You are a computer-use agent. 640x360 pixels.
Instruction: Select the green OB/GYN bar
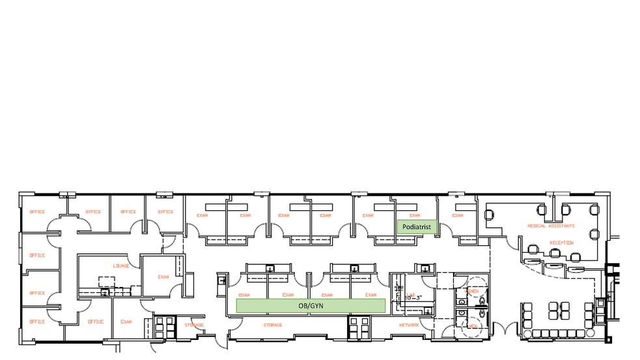pos(311,305)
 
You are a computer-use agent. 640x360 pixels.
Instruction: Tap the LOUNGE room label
pos(120,266)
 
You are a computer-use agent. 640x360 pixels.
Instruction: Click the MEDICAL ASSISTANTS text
pos(551,226)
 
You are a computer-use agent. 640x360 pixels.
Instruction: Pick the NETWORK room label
pos(409,325)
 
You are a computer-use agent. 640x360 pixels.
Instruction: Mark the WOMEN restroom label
pos(473,291)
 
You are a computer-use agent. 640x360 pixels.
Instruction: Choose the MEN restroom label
pos(473,324)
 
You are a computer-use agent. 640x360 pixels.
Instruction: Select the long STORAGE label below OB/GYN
pos(272,325)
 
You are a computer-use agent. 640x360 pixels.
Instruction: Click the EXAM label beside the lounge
pos(163,276)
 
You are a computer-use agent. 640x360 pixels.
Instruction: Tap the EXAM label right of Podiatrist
pos(458,215)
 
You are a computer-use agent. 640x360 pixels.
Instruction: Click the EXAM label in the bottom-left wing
pos(127,322)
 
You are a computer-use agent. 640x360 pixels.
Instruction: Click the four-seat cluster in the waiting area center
pos(557,307)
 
